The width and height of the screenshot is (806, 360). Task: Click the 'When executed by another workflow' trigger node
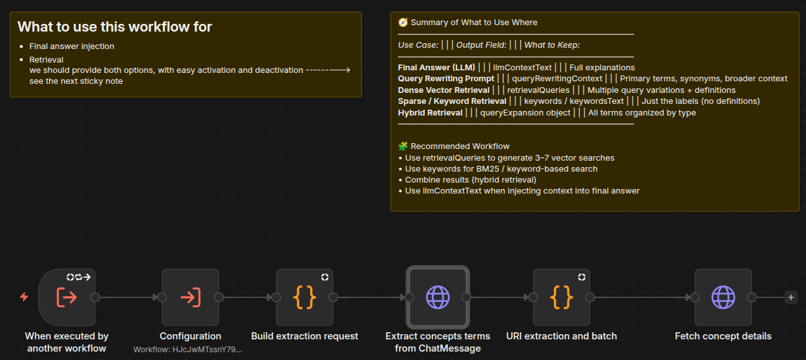point(67,297)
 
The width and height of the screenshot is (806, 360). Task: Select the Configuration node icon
point(190,297)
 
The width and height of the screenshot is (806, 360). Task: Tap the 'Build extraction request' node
point(304,297)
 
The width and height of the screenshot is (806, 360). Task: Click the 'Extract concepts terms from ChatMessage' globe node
point(438,297)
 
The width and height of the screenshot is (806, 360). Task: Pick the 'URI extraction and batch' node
point(562,297)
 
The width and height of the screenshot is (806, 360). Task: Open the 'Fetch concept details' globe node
point(723,297)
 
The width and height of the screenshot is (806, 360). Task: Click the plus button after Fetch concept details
point(791,297)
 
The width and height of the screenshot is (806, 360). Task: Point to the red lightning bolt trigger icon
point(24,297)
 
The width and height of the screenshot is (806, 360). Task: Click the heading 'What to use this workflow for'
point(115,27)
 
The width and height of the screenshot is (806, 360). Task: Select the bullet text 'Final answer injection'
point(72,46)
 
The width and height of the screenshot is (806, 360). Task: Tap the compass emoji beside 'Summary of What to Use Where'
point(403,23)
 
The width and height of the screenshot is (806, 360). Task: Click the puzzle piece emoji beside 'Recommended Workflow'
point(403,146)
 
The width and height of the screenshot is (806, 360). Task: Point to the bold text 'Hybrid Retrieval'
point(430,113)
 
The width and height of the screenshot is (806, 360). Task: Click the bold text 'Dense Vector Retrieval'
point(444,90)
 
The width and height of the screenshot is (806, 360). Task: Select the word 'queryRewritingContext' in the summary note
point(557,79)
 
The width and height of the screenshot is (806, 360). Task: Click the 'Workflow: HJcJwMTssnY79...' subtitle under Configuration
point(188,350)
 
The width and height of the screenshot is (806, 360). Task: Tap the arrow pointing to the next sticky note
point(328,70)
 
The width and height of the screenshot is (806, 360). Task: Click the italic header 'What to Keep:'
point(552,45)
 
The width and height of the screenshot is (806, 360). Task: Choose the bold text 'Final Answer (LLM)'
point(437,67)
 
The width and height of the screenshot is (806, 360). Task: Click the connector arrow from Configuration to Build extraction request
point(248,297)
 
